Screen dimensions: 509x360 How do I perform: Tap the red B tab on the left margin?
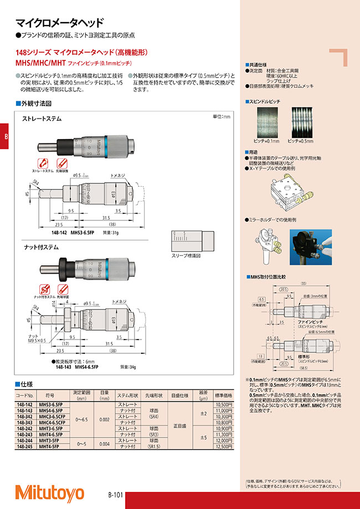click(5, 137)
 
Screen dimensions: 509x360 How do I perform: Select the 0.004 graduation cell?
click(104, 444)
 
